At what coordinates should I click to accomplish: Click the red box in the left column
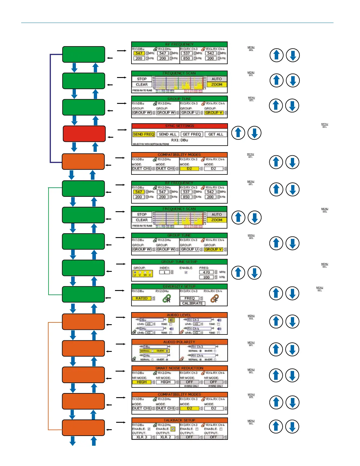(84, 134)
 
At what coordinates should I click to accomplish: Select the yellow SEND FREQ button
(144, 134)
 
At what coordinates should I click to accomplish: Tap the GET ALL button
(216, 134)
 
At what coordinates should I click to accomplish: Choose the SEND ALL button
(167, 134)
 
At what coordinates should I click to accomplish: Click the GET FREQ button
(192, 134)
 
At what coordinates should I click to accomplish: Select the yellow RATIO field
(142, 298)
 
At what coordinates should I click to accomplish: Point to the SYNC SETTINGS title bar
(179, 126)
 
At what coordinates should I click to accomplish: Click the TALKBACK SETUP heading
(179, 420)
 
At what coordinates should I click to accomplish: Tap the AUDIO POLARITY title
(179, 342)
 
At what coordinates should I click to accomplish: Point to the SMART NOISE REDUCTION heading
(179, 368)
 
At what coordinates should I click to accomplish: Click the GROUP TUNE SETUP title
(179, 262)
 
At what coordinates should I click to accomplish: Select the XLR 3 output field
(141, 437)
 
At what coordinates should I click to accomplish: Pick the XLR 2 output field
(166, 437)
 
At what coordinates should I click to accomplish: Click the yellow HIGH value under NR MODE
(141, 382)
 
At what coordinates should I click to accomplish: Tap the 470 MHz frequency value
(206, 272)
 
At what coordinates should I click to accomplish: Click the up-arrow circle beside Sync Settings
(238, 133)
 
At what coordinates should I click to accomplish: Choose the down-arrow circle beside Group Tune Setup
(255, 273)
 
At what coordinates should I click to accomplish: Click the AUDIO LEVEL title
(179, 315)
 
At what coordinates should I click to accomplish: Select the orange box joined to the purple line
(83, 162)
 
